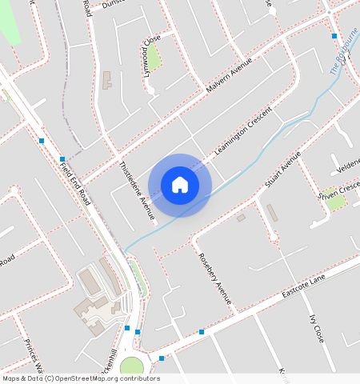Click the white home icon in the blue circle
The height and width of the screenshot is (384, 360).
point(180,185)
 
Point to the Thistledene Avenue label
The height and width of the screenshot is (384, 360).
point(136,190)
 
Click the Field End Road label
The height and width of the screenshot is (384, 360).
point(77,181)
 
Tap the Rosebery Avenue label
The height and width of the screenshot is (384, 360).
point(214,279)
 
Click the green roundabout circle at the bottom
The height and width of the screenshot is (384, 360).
point(131,367)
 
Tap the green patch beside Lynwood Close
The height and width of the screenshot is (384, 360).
point(154,56)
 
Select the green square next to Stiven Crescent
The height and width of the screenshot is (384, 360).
point(336,200)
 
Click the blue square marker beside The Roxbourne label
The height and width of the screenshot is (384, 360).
point(334,36)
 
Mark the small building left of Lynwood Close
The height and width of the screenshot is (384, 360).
point(107,80)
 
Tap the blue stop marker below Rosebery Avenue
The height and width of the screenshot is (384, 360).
point(202,331)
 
